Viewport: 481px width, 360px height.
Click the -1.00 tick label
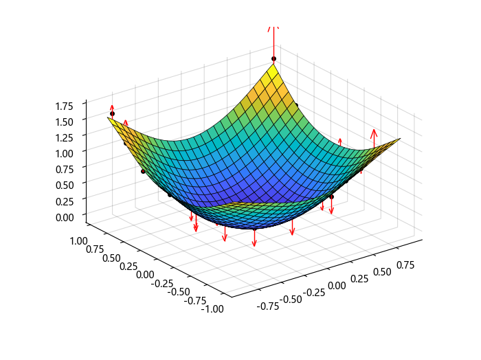pos(212,309)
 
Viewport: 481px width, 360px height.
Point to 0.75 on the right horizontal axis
pos(410,265)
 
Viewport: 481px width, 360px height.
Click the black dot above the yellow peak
pos(273,58)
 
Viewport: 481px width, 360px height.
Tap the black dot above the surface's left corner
pos(112,113)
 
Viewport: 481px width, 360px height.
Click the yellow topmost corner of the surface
pos(273,66)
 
